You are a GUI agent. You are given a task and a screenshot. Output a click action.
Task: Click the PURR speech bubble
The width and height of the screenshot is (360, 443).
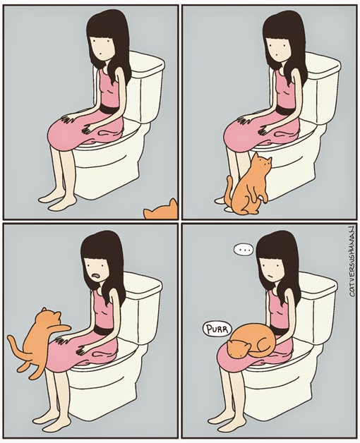point(217,329)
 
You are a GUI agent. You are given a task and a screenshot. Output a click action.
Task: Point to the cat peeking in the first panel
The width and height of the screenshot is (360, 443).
point(161,210)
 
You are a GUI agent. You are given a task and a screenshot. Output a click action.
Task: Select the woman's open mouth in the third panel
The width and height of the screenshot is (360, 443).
point(96,275)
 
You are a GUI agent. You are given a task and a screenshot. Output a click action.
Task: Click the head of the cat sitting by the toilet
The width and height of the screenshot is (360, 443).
point(262,163)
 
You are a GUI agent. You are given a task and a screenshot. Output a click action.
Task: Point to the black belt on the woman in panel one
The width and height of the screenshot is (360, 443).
point(108,109)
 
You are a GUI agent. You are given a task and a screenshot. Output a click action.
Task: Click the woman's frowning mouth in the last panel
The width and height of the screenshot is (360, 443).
point(270,276)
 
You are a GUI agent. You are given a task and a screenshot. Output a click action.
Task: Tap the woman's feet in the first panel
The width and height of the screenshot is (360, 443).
point(58,200)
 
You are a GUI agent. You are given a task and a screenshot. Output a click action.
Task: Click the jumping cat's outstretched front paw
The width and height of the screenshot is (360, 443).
point(64,327)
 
